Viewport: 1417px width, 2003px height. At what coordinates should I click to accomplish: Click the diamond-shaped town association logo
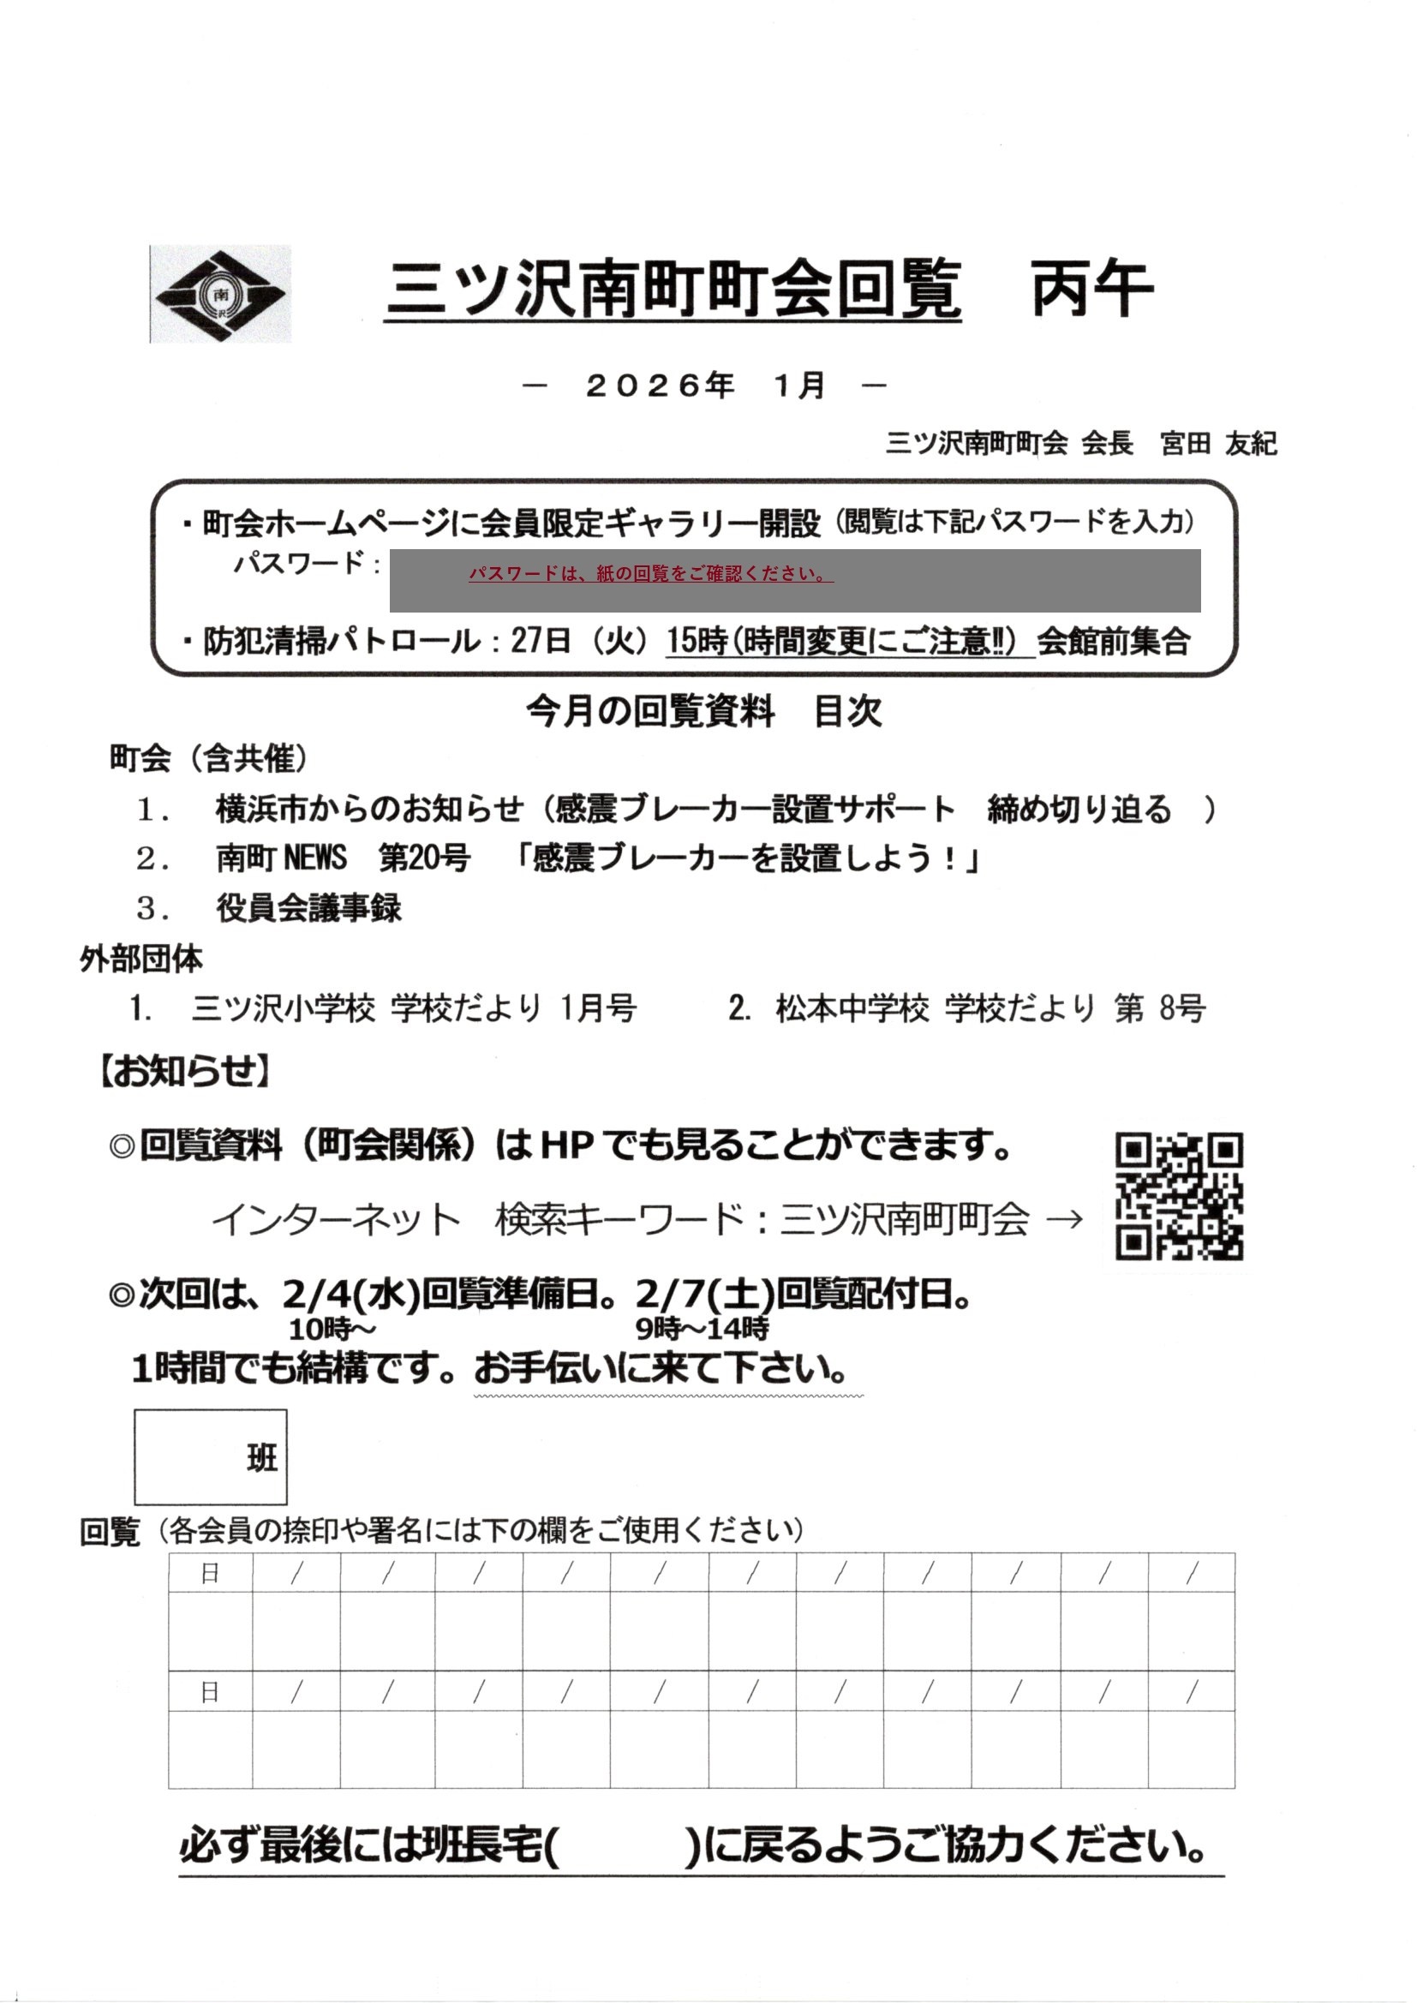pos(220,294)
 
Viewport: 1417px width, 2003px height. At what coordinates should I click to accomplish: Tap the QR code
pos(1179,1196)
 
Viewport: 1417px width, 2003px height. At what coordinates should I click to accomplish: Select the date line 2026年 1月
pos(705,385)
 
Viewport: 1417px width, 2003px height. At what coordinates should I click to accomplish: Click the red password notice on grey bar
pos(650,574)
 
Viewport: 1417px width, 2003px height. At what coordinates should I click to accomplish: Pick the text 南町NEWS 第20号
pos(343,858)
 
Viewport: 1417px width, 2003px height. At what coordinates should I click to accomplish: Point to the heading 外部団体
pos(141,960)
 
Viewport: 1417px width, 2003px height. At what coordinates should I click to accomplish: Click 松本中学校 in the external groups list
pos(852,1008)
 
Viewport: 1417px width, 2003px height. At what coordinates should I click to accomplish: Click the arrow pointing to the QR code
pos(1064,1220)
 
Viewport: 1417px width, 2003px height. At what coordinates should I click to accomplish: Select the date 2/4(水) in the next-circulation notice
pos(350,1294)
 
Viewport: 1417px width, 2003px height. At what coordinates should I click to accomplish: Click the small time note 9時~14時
pos(702,1330)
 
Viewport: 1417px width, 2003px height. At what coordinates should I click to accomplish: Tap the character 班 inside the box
pos(262,1458)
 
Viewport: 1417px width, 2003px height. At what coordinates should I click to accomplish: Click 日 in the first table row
pos(210,1573)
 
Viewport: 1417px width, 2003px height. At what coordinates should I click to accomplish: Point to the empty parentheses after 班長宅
pos(621,1847)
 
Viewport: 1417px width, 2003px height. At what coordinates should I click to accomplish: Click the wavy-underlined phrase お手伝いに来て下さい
pos(661,1369)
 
